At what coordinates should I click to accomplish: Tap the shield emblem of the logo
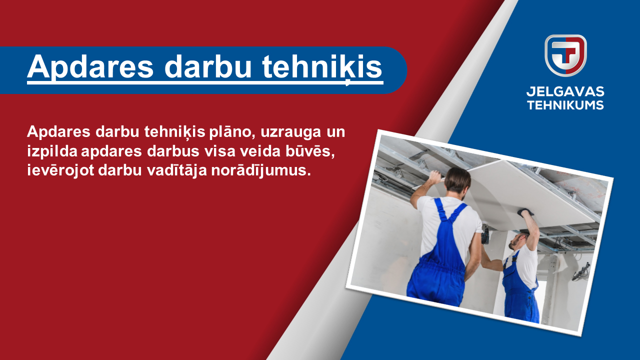[565, 55]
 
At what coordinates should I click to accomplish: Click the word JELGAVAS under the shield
[565, 91]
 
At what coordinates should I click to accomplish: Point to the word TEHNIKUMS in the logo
[565, 105]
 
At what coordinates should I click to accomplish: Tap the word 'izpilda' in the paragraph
[52, 151]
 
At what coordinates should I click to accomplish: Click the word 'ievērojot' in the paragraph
[60, 171]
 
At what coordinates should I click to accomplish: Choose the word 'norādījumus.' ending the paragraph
[261, 171]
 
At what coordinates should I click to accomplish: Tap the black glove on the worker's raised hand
[525, 212]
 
